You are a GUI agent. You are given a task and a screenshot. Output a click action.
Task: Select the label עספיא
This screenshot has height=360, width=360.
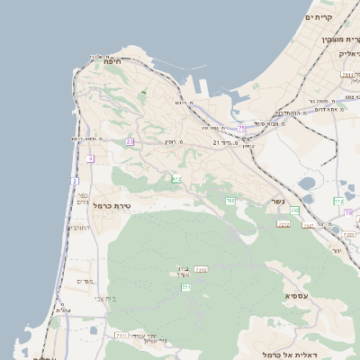pyautogui.click(x=299, y=295)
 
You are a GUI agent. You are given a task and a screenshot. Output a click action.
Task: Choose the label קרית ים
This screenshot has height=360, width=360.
pyautogui.click(x=319, y=17)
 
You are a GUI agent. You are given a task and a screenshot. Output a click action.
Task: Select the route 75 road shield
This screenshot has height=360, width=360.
pyautogui.click(x=241, y=130)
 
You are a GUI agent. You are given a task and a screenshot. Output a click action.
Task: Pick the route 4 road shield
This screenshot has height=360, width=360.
pyautogui.click(x=90, y=158)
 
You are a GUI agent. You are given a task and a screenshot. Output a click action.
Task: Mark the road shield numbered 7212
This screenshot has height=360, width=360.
pyautogui.click(x=283, y=224)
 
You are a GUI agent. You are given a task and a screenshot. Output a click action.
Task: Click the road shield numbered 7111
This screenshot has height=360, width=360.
pyautogui.click(x=121, y=336)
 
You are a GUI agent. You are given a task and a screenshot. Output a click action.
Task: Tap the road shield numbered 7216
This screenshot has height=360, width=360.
pyautogui.click(x=202, y=269)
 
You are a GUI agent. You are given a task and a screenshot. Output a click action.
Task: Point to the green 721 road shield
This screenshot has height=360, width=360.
pyautogui.click(x=186, y=287)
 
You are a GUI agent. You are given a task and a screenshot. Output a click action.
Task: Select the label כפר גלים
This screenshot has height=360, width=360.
pyautogui.click(x=83, y=199)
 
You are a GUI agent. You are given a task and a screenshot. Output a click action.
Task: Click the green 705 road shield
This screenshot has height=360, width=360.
pyautogui.click(x=177, y=180)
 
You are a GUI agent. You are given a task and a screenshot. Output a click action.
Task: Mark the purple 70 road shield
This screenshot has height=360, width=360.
pyautogui.click(x=347, y=213)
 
